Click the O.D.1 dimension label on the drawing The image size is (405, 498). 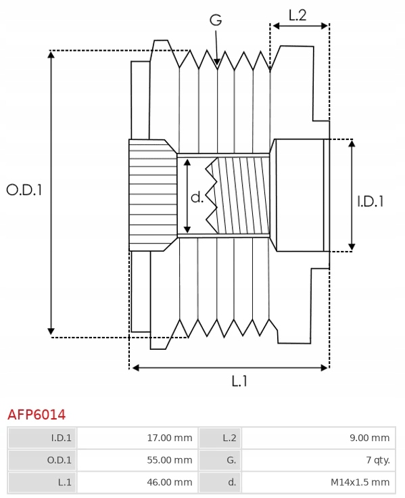click(x=24, y=190)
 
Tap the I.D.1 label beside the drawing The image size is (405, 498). click(x=371, y=202)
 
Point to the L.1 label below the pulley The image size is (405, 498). click(x=239, y=381)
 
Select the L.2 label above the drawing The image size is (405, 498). click(x=297, y=16)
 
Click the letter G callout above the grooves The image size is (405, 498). click(x=216, y=20)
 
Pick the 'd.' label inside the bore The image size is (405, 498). click(x=197, y=198)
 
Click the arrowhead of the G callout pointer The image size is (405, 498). click(x=217, y=62)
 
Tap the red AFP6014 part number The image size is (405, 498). click(x=37, y=415)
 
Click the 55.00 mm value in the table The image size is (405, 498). click(x=170, y=460)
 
